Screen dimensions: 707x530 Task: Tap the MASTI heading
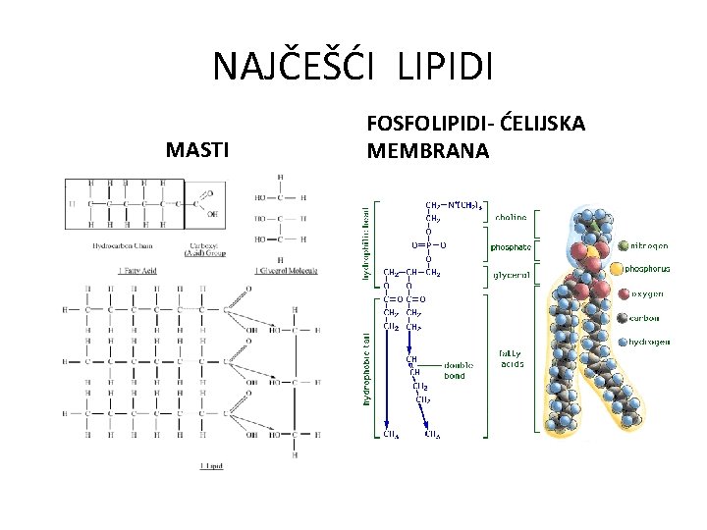click(198, 150)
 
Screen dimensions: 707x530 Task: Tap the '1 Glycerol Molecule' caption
click(287, 270)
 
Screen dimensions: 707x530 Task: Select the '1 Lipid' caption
click(211, 464)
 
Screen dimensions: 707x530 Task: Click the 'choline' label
click(510, 217)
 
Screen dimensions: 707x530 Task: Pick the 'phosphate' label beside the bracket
click(512, 247)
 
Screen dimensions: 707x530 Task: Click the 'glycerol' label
click(512, 276)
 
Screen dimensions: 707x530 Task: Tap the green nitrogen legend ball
click(616, 245)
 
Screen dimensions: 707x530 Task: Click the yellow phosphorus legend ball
click(616, 268)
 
